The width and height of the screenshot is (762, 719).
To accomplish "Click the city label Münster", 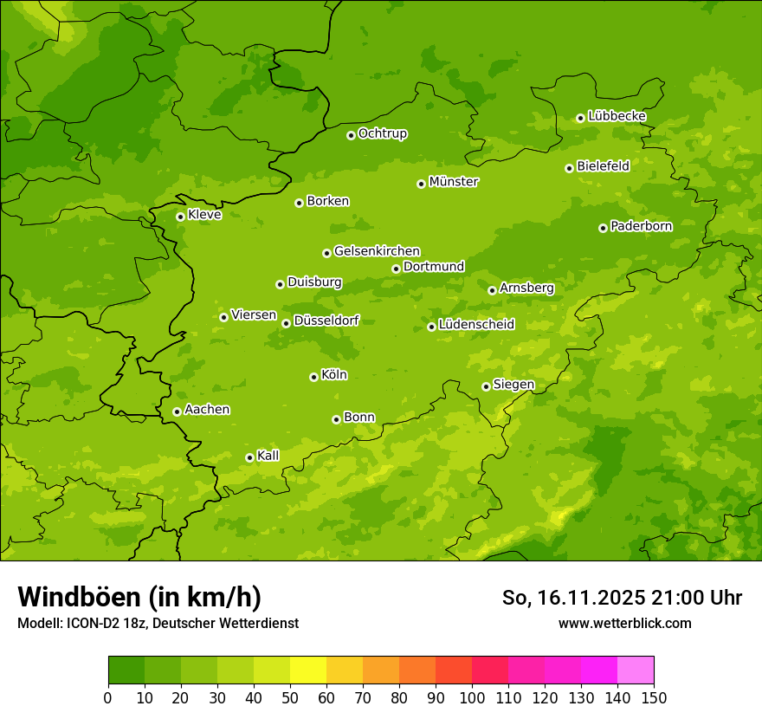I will (x=454, y=182).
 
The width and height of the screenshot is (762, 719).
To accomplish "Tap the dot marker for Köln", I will (x=313, y=377).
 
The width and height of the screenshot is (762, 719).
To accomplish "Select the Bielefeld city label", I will (x=603, y=165).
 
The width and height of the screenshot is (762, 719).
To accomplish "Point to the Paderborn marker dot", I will (x=603, y=228).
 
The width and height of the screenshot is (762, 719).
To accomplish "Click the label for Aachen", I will (x=207, y=410).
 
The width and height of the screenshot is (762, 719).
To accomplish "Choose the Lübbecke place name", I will (x=617, y=116).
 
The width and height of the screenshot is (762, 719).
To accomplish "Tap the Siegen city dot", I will (x=486, y=386).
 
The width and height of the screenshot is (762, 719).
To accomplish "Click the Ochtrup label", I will (x=383, y=133).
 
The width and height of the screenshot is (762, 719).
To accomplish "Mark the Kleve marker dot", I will (x=180, y=217).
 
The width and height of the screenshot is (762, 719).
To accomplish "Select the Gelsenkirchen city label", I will (x=377, y=251).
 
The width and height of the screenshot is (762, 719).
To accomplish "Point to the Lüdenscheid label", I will (x=476, y=325).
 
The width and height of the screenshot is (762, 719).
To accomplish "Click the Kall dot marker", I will (x=249, y=457).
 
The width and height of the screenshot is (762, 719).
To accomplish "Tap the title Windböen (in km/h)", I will (x=139, y=598).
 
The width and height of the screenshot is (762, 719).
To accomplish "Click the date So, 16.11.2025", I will (x=572, y=598).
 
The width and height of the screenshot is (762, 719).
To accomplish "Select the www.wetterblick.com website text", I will (x=624, y=623).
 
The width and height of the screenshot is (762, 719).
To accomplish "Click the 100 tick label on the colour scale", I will (x=471, y=698).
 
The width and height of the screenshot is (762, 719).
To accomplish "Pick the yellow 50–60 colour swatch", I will (x=307, y=670).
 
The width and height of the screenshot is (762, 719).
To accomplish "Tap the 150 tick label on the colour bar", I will (x=653, y=698).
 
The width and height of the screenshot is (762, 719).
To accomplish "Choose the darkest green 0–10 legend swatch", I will (x=126, y=670).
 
